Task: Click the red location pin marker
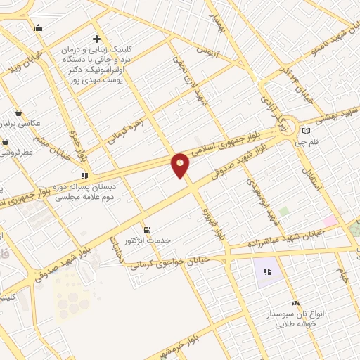coord(181,165)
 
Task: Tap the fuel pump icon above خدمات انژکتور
coord(146,229)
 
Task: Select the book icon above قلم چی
coord(305,131)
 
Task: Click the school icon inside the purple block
coord(266,271)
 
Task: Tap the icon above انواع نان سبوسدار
coord(294,302)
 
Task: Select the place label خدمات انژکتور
coord(148,240)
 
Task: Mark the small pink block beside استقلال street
coord(330,220)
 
